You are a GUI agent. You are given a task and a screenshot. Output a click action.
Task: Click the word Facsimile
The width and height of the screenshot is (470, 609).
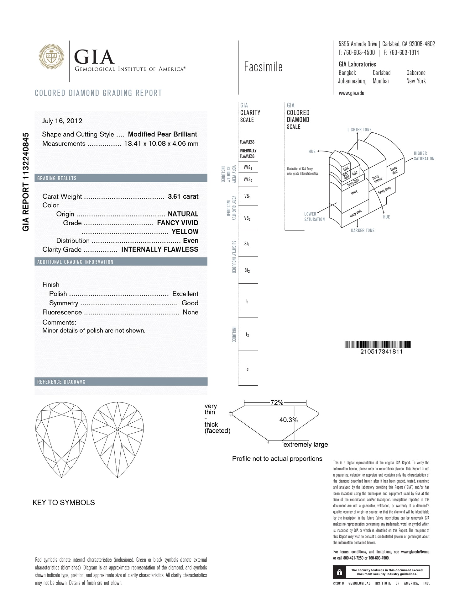[263, 67]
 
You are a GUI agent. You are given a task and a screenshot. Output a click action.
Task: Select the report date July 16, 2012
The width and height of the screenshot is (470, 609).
[62, 121]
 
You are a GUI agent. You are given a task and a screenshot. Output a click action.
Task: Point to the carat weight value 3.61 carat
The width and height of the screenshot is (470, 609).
[183, 196]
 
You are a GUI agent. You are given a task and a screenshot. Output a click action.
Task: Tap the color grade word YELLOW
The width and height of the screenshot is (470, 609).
[185, 232]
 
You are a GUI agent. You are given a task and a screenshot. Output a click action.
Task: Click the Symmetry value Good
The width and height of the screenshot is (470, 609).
[190, 303]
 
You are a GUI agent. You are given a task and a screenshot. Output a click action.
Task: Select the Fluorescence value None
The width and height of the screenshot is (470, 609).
[191, 312]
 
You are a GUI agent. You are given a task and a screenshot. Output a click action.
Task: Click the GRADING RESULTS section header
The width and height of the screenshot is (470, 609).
[57, 178]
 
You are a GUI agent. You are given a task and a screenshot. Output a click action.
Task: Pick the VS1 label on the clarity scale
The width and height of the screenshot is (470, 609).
[247, 196]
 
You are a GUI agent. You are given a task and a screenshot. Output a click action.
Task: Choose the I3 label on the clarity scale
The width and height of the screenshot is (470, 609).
[247, 369]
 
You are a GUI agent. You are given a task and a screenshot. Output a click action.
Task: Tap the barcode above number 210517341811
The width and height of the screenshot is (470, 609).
[377, 344]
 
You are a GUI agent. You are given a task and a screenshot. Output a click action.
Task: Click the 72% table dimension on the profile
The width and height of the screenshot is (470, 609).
[277, 403]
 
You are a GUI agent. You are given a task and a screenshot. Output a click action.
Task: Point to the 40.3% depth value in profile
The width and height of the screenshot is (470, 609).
[288, 420]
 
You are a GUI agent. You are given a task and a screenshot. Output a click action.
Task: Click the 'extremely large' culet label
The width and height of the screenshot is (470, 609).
[305, 444]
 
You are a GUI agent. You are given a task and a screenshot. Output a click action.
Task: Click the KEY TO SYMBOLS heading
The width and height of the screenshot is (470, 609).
[64, 502]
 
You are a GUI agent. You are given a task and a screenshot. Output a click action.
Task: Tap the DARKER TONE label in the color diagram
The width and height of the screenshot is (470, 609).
[363, 230]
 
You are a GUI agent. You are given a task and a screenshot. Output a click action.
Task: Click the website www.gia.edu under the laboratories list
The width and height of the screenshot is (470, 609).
[351, 93]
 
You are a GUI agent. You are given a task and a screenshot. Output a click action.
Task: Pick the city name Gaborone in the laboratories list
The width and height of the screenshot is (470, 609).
[416, 73]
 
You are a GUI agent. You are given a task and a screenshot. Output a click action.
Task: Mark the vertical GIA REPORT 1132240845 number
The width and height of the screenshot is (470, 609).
[26, 182]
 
